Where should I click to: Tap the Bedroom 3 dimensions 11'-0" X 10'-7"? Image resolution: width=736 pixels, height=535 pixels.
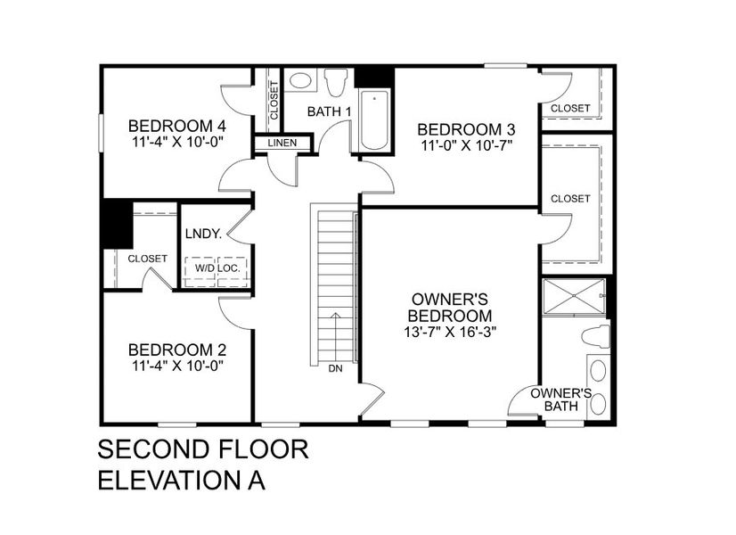tap(466, 144)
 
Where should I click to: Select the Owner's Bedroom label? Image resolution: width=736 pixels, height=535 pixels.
tap(449, 307)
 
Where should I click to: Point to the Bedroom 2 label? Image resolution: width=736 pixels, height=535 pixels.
tap(176, 349)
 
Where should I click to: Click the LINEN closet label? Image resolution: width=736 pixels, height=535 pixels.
tap(282, 144)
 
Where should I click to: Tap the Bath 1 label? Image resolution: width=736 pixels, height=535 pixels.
tap(329, 111)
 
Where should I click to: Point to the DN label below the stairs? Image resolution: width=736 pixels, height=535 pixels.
tap(335, 368)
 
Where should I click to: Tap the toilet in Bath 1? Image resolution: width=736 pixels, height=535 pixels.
tap(336, 83)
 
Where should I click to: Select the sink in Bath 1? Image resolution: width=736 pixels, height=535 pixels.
tap(300, 80)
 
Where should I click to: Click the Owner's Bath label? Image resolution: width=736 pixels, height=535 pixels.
tap(560, 399)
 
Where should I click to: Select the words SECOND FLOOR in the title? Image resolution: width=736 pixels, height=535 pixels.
tap(202, 449)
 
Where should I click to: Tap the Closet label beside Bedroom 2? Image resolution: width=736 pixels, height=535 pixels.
tap(147, 259)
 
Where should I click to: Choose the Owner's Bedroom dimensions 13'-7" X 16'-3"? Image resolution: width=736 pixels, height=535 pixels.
tap(449, 332)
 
